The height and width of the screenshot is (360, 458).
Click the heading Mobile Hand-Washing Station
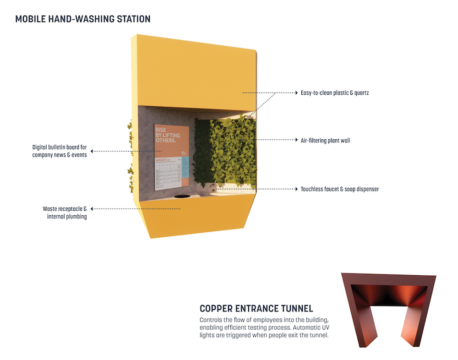[x=83, y=19]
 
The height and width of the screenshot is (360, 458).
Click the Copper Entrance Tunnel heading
[x=256, y=308]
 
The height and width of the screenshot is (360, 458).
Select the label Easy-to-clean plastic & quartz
[x=334, y=93]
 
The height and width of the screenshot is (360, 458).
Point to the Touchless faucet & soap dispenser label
[x=339, y=189]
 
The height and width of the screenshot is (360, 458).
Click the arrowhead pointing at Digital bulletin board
[x=92, y=151]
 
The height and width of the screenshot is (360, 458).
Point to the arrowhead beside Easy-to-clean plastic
[x=295, y=93]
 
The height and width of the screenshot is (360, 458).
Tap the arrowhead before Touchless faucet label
[x=295, y=189]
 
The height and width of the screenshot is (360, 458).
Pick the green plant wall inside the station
[x=224, y=151]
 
